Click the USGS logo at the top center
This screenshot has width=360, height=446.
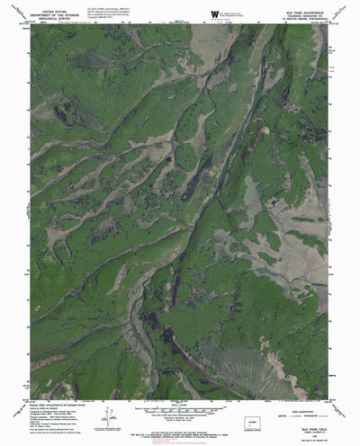click(214, 13)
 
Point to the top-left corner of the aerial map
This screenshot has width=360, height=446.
click(32, 25)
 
